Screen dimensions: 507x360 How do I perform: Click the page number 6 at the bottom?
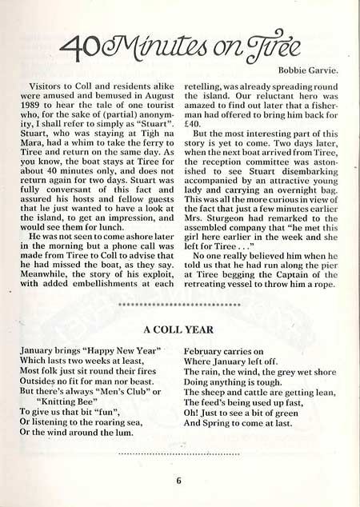pos(180,480)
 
